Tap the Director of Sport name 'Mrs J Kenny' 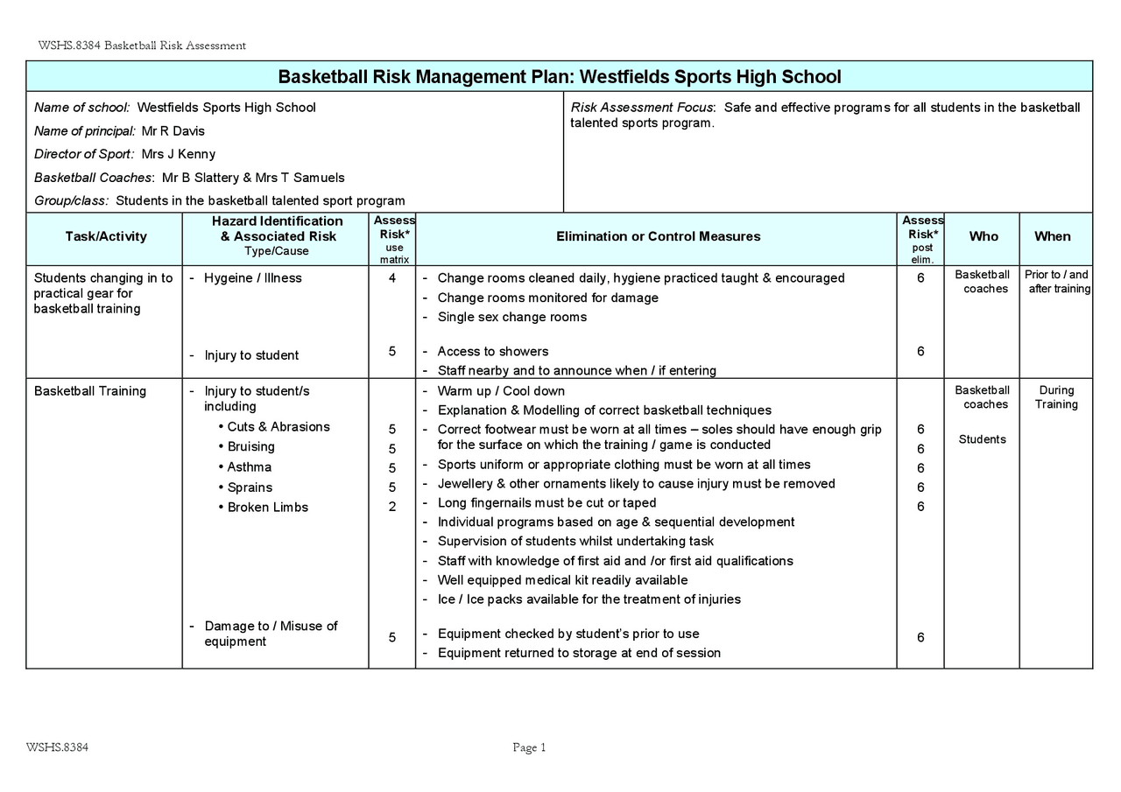tap(179, 155)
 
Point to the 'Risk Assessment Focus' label tap(642, 108)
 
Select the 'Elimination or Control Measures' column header tap(658, 236)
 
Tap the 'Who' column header tap(983, 236)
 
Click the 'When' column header tap(1052, 236)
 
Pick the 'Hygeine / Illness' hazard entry tap(252, 278)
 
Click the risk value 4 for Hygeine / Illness tap(392, 278)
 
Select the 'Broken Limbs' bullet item tap(267, 508)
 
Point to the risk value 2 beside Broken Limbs tap(392, 508)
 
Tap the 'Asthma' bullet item tap(250, 467)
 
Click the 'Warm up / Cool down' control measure tap(501, 391)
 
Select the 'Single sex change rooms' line tap(512, 317)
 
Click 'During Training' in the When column tap(1056, 397)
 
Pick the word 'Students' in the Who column tap(982, 439)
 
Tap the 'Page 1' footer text tap(529, 747)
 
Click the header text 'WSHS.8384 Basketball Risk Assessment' tap(142, 46)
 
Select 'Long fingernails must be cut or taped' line tap(546, 503)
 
